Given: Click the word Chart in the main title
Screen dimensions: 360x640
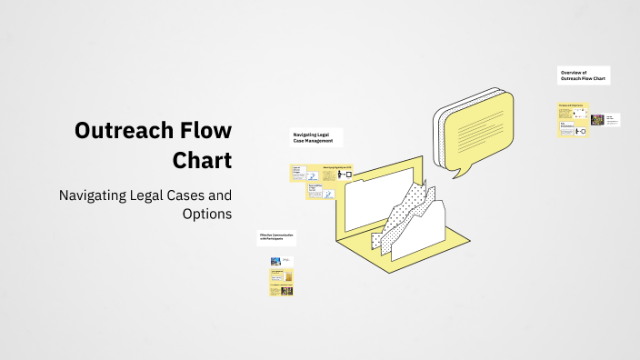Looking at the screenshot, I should point(202,160).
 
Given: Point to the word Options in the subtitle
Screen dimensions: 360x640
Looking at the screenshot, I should point(207,214).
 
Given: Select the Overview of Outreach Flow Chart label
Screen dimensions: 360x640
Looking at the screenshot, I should point(584,75).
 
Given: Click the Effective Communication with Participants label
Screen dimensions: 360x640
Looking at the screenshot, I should point(276,238).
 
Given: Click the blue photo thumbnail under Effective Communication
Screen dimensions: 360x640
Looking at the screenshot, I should point(275,261).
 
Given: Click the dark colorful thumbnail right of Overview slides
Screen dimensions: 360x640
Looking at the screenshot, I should point(597,119).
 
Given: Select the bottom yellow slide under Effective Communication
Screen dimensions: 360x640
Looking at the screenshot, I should point(281,291).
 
